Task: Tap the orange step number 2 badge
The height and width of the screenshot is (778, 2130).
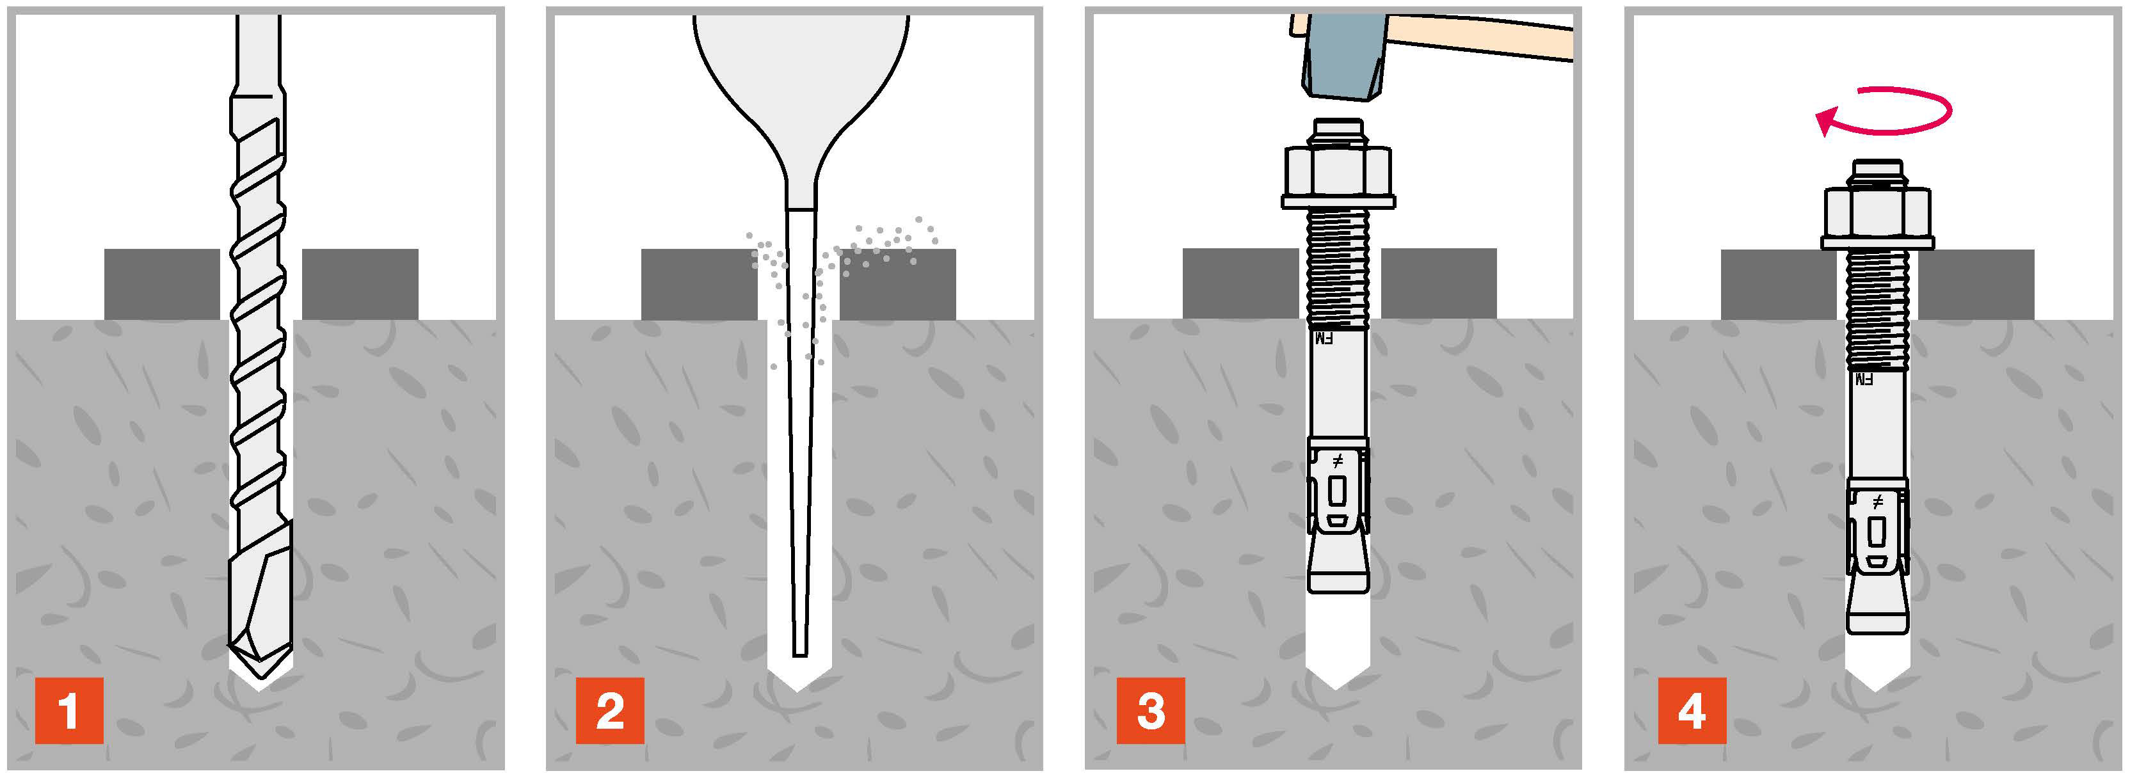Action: coord(609,710)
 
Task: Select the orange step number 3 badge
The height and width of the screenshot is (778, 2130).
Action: coord(1150,710)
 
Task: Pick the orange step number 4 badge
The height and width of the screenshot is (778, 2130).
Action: coord(1691,710)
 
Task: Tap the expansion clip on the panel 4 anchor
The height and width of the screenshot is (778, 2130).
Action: coord(1877,529)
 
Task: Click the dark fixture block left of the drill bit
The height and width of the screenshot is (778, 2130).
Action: coord(162,283)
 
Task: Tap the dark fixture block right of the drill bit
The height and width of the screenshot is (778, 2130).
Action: coord(360,283)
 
